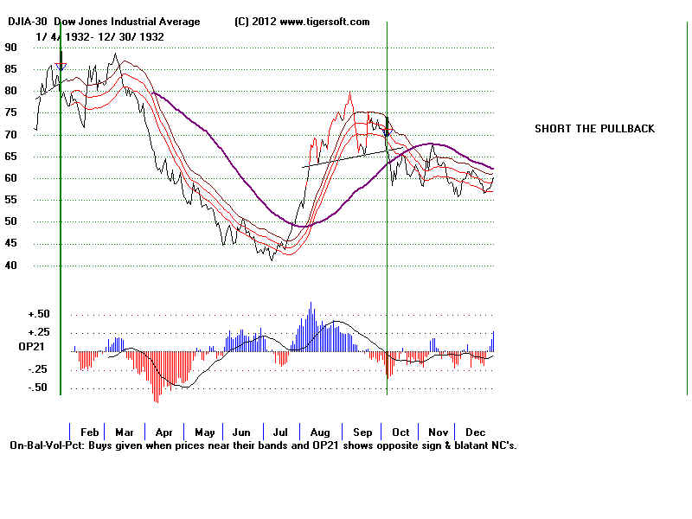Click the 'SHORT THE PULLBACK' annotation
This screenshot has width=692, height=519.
coord(594,129)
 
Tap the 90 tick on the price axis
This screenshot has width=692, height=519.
coord(11,48)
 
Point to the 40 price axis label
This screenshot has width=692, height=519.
coord(11,266)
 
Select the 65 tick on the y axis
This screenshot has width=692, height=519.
coord(11,157)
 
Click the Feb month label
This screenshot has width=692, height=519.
coord(89,432)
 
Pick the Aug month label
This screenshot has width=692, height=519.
coord(320,432)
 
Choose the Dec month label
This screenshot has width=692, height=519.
coord(475,432)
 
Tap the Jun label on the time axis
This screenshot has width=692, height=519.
coord(241,432)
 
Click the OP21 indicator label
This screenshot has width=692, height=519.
coord(19,347)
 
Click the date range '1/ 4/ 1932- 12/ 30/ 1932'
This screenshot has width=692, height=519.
coord(99,36)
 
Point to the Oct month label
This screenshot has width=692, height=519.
coord(400,432)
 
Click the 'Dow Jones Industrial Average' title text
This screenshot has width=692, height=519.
coord(127,22)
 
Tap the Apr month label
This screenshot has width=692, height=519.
coord(163,432)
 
